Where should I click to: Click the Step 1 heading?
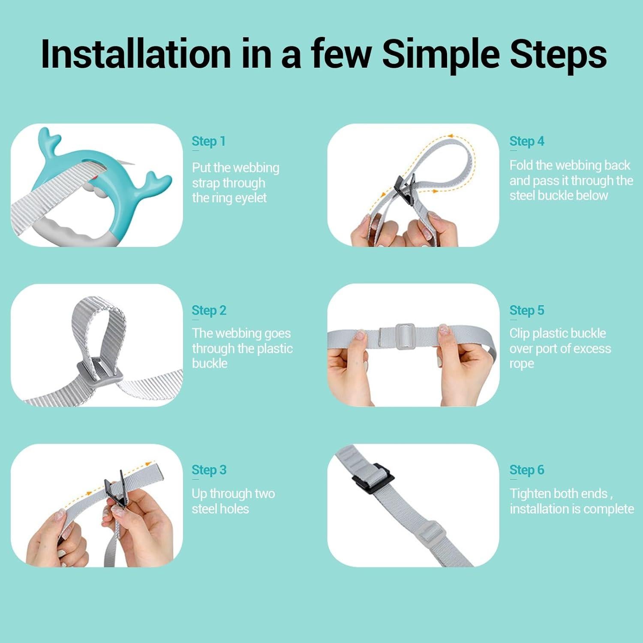[208, 141]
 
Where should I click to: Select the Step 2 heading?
[209, 310]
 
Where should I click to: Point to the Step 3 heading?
[209, 470]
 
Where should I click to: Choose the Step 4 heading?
[527, 141]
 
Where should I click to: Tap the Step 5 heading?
[527, 310]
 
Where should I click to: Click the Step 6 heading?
[527, 470]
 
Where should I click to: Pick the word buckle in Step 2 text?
[210, 364]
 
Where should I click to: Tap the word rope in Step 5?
[522, 364]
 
